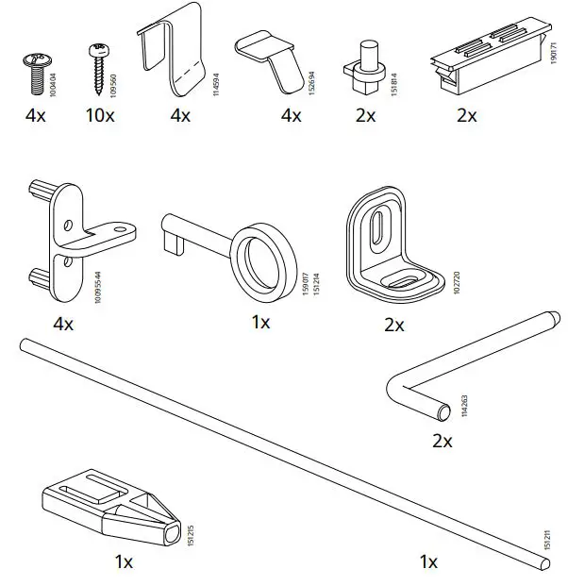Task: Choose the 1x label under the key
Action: tap(260, 323)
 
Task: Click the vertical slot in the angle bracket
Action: tap(375, 230)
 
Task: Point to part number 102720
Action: tap(457, 286)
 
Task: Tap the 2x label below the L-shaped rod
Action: tap(442, 441)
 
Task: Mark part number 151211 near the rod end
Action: tap(545, 540)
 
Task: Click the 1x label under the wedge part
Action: tap(125, 561)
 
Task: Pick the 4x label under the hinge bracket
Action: tap(63, 324)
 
